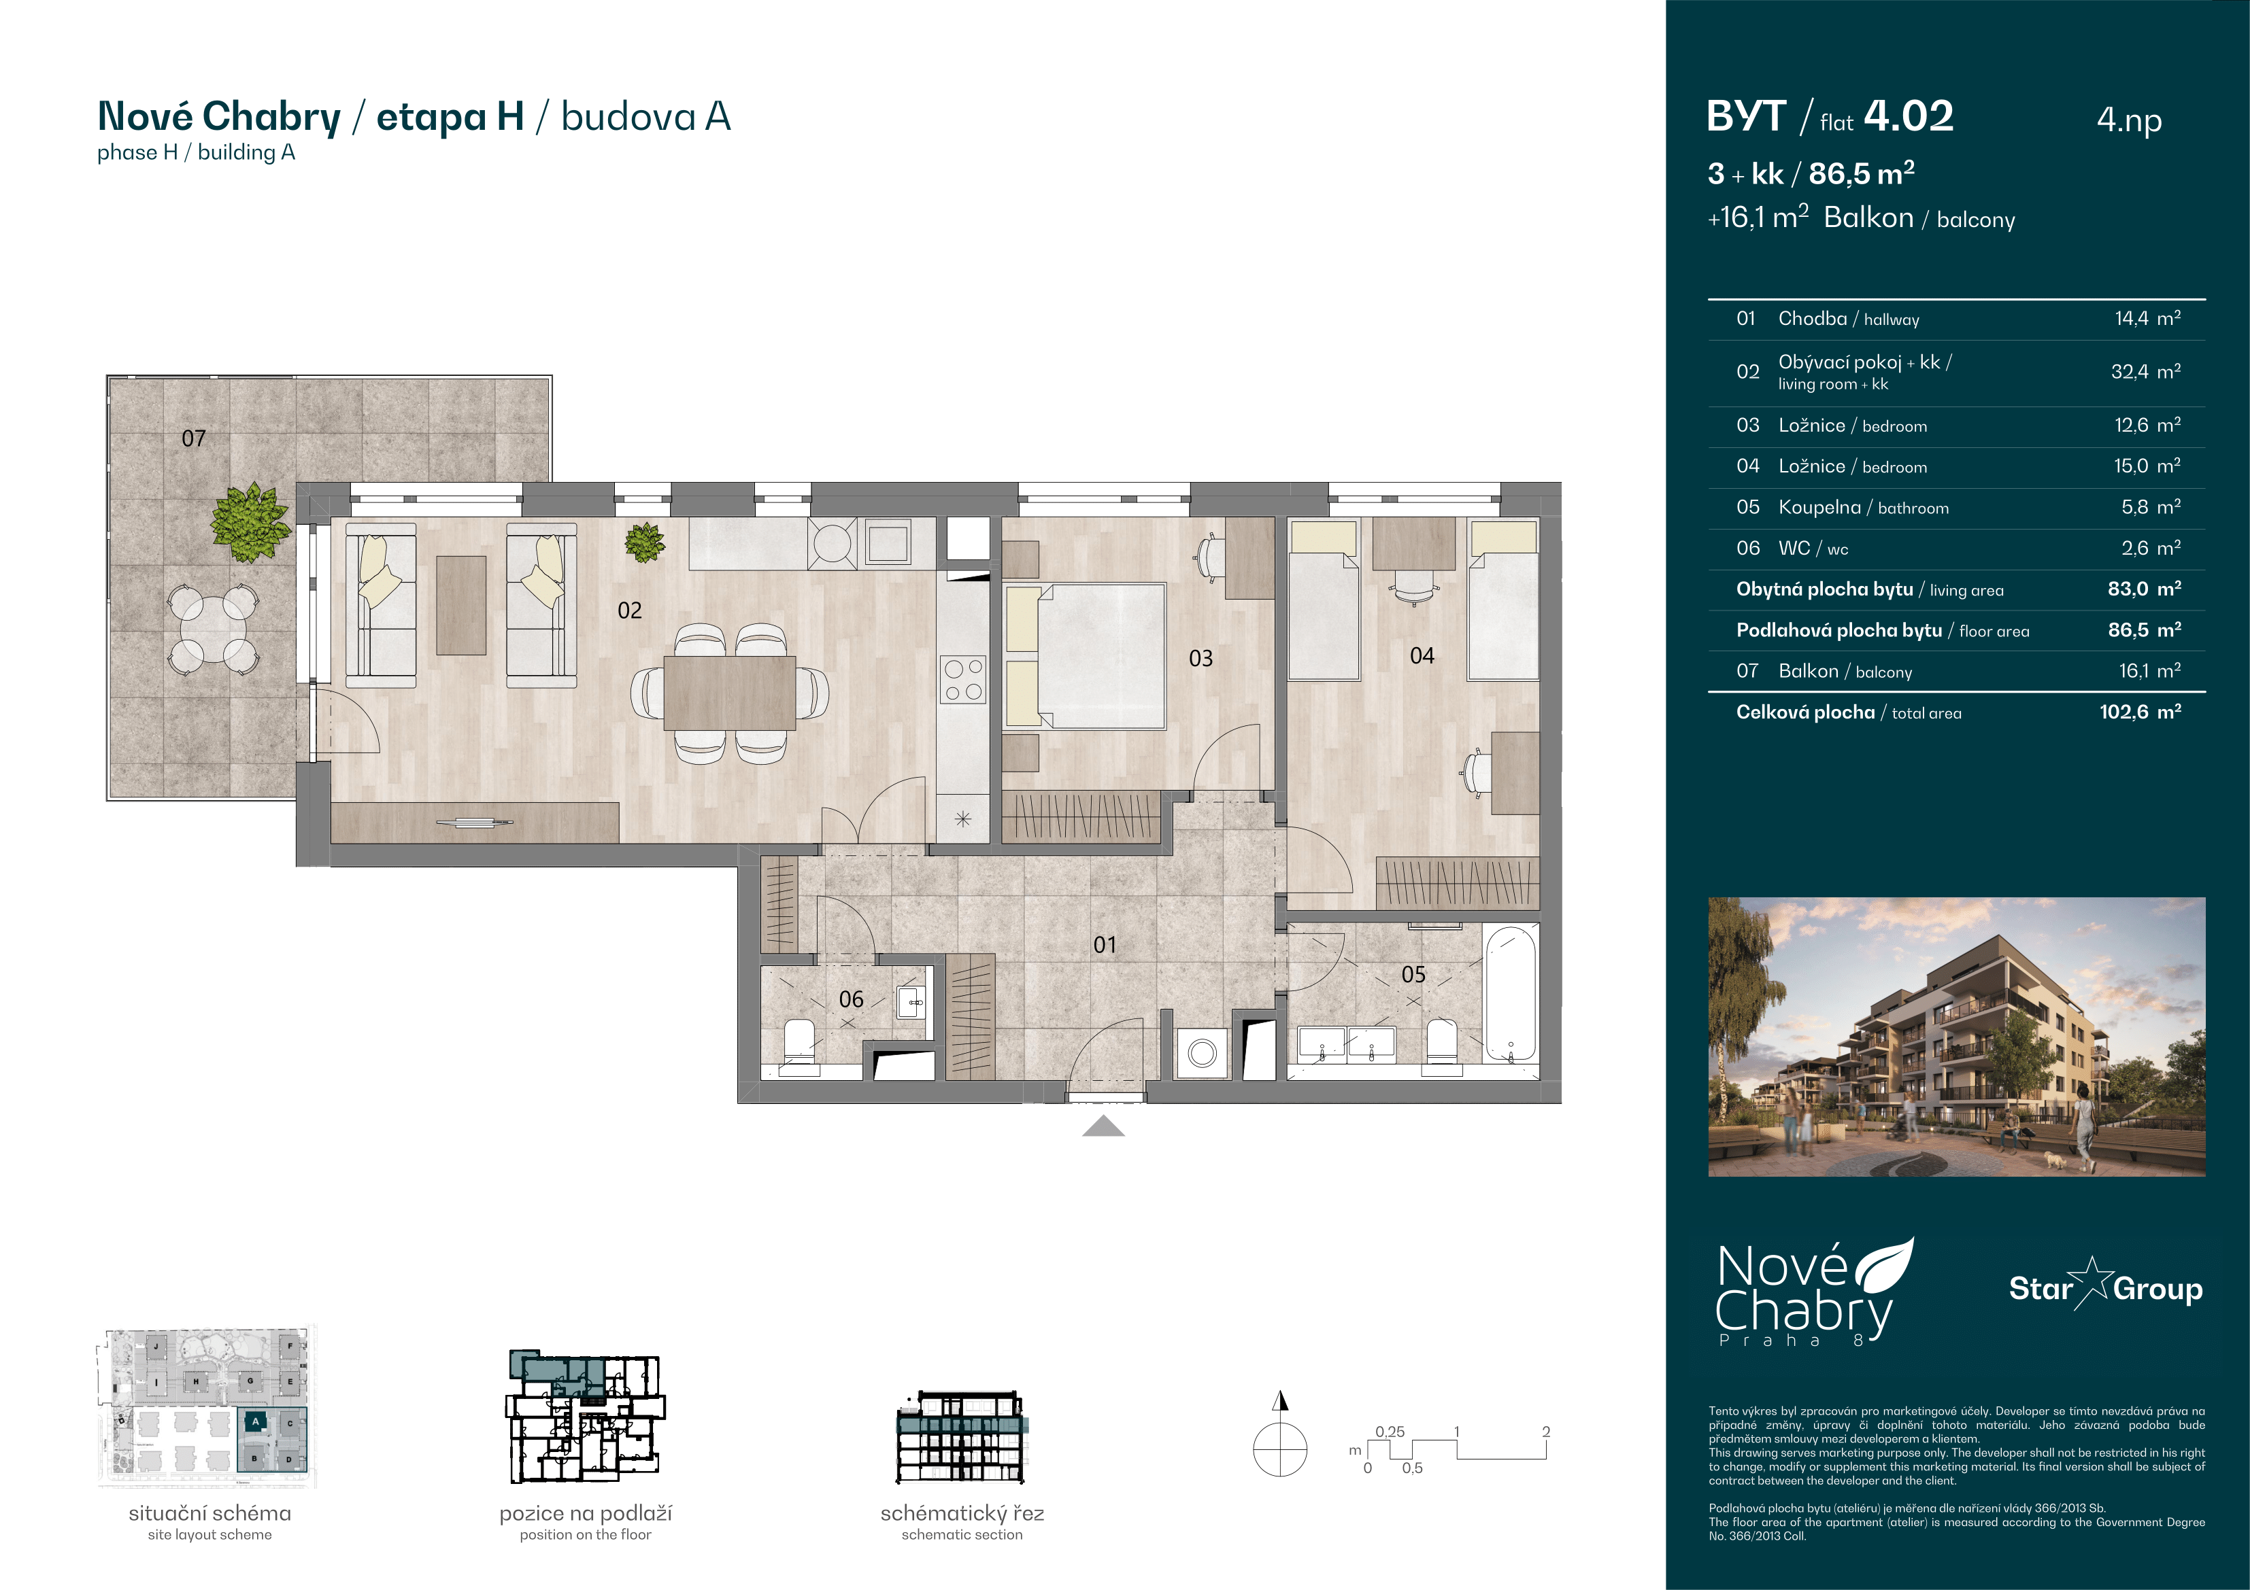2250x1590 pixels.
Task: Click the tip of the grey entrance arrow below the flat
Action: pyautogui.click(x=1103, y=1116)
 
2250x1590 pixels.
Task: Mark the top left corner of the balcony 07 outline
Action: pyautogui.click(x=107, y=375)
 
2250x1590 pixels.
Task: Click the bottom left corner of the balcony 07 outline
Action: pyautogui.click(x=107, y=800)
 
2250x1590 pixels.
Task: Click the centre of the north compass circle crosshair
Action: pyautogui.click(x=1280, y=1449)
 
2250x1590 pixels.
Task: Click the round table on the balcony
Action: pyautogui.click(x=213, y=627)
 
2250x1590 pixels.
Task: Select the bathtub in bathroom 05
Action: pyautogui.click(x=1510, y=995)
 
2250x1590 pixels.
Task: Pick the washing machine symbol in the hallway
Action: pyautogui.click(x=1201, y=1053)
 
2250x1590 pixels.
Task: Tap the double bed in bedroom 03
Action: pyautogui.click(x=1086, y=657)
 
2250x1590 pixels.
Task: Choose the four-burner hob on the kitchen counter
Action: pyautogui.click(x=962, y=680)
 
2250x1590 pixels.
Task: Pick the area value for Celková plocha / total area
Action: pyautogui.click(x=2140, y=712)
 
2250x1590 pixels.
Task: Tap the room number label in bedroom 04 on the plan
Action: pyautogui.click(x=1422, y=655)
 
